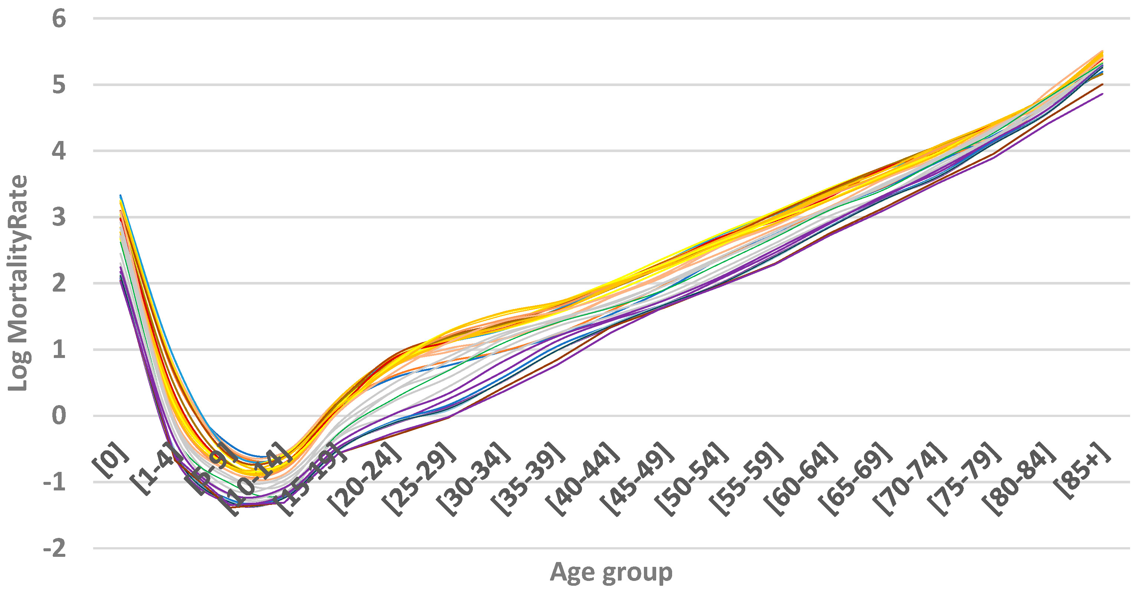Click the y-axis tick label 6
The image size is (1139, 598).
pyautogui.click(x=59, y=19)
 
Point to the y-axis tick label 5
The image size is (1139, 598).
pyautogui.click(x=59, y=85)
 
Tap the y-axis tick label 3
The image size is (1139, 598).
pyautogui.click(x=59, y=217)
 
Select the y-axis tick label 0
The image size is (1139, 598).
pyautogui.click(x=59, y=416)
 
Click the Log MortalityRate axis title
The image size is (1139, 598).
pyautogui.click(x=18, y=283)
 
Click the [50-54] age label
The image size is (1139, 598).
pyautogui.click(x=692, y=480)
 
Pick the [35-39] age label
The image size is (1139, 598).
pyautogui.click(x=528, y=480)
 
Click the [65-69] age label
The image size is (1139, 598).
pyautogui.click(x=855, y=480)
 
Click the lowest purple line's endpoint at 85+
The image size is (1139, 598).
pyautogui.click(x=1103, y=94)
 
